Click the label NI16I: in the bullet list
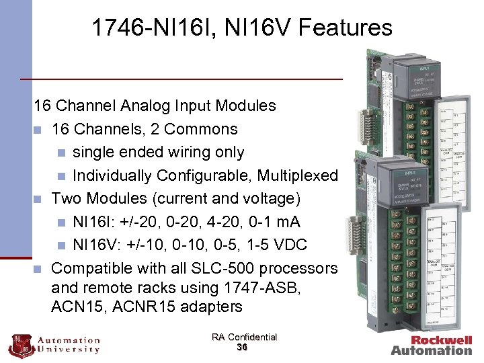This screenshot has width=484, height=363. (x=96, y=222)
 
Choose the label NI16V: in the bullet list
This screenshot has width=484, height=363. (x=98, y=245)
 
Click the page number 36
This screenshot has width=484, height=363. (x=243, y=348)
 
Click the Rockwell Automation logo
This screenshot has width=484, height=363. (x=432, y=345)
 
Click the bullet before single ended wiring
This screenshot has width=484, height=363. (x=60, y=153)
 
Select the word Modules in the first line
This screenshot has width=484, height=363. (x=245, y=106)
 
